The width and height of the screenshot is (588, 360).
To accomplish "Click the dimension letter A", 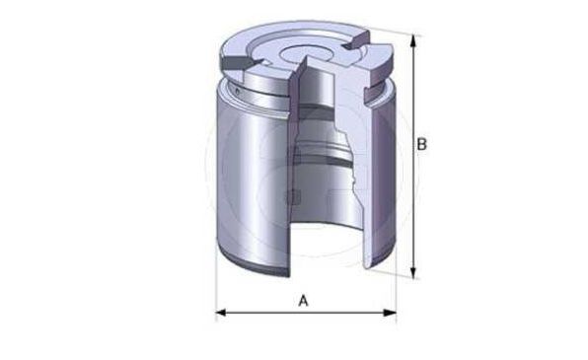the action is pos(303,301).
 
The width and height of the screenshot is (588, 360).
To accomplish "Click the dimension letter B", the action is pos(422,144).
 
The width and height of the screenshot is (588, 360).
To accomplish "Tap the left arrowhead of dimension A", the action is pos(221,312).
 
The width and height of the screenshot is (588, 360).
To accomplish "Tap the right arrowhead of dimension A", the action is pos(390,312).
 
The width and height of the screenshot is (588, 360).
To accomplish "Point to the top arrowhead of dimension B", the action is pos(412,40).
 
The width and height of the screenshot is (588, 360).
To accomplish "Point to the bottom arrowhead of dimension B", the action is pos(412,272).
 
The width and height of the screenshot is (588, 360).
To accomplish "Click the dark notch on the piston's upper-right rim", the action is pos(355,42).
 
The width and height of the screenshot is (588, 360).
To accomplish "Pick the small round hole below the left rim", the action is pos(238,91).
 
